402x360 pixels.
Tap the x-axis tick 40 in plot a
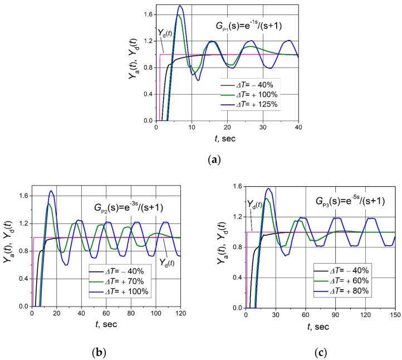pos(298,128)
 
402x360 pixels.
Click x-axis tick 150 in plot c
pos(395,315)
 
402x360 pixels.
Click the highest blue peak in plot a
pos(180,6)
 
